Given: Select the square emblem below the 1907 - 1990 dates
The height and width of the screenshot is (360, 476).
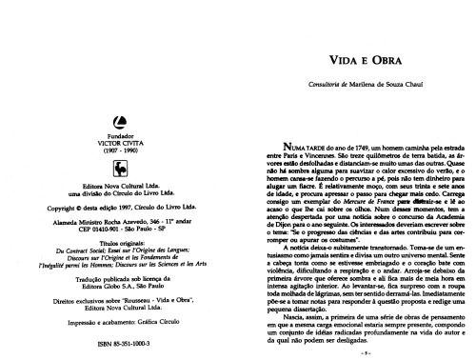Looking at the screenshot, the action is pos(118,141).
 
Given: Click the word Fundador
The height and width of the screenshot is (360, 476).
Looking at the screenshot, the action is pos(118,106).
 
